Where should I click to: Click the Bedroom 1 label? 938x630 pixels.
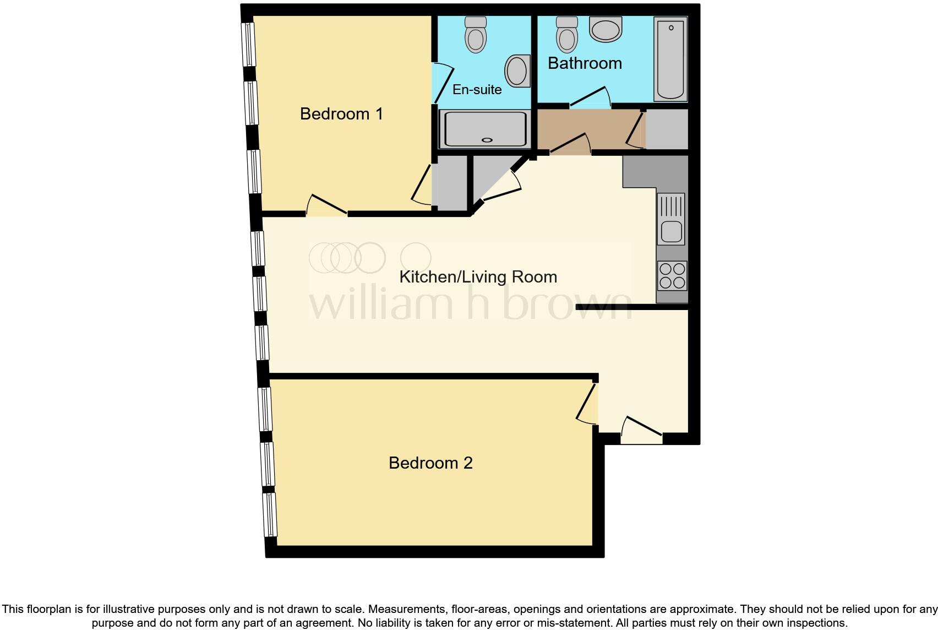(x=341, y=114)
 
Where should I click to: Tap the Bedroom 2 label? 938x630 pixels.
(x=430, y=463)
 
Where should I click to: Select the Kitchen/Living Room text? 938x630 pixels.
(x=478, y=276)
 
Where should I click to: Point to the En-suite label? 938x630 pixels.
(x=477, y=89)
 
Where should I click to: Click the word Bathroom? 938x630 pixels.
(x=585, y=63)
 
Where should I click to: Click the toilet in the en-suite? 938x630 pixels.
(x=476, y=35)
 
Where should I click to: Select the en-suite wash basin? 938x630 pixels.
(x=517, y=70)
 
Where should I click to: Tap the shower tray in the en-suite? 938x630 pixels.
(x=484, y=129)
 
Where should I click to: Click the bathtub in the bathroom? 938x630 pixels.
(x=670, y=59)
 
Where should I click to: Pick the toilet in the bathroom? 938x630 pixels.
(x=566, y=34)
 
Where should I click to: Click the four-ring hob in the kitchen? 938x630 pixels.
(x=672, y=275)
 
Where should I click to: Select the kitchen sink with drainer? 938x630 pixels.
(x=671, y=219)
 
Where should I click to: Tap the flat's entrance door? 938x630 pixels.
(x=642, y=430)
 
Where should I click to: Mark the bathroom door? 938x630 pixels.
(x=590, y=98)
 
